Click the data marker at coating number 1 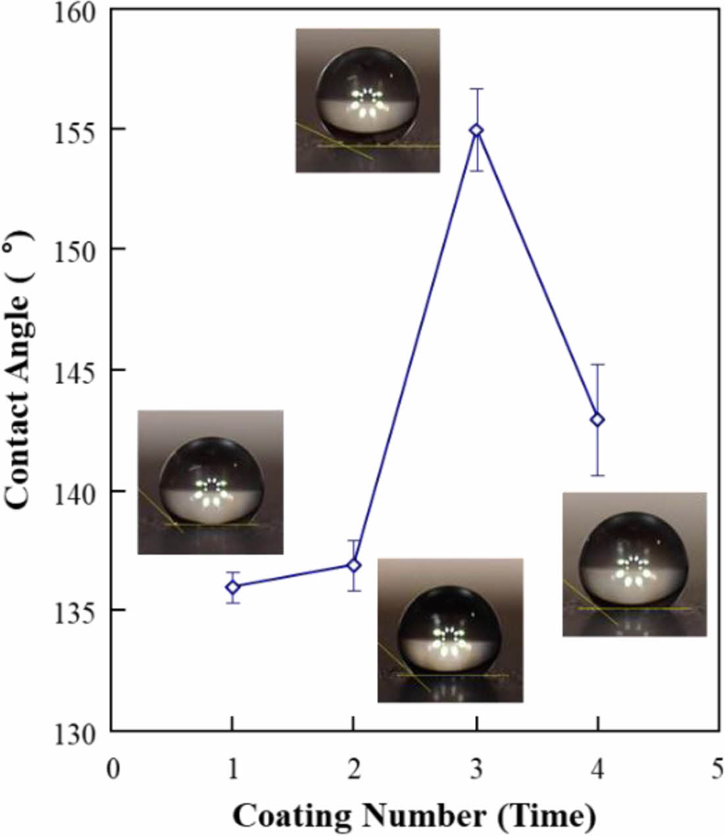[x=232, y=587]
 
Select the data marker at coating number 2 [x=353, y=565]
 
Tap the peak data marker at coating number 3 [x=476, y=130]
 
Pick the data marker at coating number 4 [x=597, y=420]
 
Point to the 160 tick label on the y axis [x=76, y=12]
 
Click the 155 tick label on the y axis [x=76, y=130]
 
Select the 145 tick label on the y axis [x=76, y=370]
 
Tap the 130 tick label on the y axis [x=76, y=733]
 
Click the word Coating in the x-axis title [x=292, y=816]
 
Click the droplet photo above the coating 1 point [x=211, y=482]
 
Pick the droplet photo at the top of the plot [x=367, y=100]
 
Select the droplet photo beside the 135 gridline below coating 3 [x=450, y=630]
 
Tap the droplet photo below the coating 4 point [x=634, y=564]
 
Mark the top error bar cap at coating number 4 [x=597, y=364]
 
